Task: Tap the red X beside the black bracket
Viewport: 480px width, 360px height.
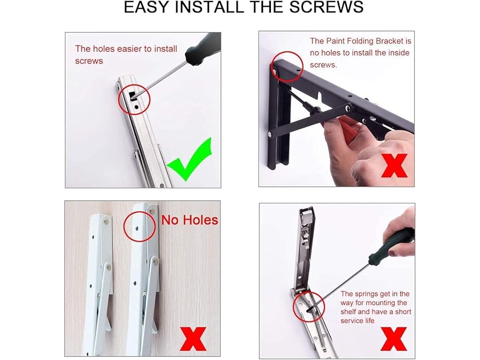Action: pyautogui.click(x=394, y=165)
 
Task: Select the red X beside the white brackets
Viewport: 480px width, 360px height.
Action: pyautogui.click(x=193, y=339)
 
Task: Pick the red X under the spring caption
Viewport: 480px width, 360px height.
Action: pyautogui.click(x=394, y=339)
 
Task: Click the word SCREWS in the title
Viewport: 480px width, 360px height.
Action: pyautogui.click(x=326, y=7)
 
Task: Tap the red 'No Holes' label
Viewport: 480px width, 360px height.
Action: pyautogui.click(x=189, y=220)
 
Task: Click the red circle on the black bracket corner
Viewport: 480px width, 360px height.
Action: pyautogui.click(x=287, y=66)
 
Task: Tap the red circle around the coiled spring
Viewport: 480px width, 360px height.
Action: pyautogui.click(x=309, y=307)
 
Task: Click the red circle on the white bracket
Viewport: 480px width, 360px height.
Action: pyautogui.click(x=140, y=226)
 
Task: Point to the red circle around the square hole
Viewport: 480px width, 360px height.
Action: pyautogui.click(x=134, y=99)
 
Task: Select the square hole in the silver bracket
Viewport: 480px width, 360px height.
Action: pyautogui.click(x=132, y=95)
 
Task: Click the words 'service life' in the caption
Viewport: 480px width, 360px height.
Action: pyautogui.click(x=358, y=321)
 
